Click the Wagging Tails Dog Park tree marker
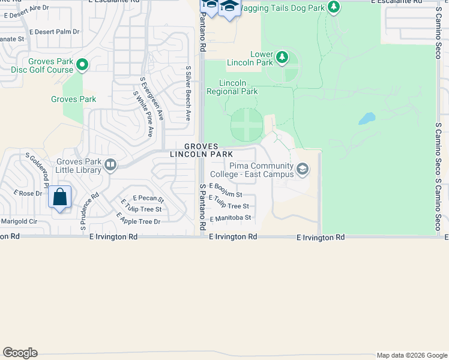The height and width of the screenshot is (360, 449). pos(334,7)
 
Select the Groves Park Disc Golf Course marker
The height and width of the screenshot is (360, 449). pos(82,65)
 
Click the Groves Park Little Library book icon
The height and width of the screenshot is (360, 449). pos(110,165)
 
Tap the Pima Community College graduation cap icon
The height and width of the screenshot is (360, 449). pos(302,170)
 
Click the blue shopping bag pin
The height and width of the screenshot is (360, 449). pos(59,197)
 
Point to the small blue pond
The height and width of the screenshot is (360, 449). pos(367,118)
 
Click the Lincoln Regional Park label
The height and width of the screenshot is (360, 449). pos(232,87)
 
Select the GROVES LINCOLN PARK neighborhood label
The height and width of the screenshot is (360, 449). pos(201,150)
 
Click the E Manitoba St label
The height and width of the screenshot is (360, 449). pos(230,218)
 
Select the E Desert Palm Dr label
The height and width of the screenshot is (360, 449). pos(54,31)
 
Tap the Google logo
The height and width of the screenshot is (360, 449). pos(20,353)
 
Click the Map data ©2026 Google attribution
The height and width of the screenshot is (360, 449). pos(411,355)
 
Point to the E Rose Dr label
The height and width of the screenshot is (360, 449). pos(28,193)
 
